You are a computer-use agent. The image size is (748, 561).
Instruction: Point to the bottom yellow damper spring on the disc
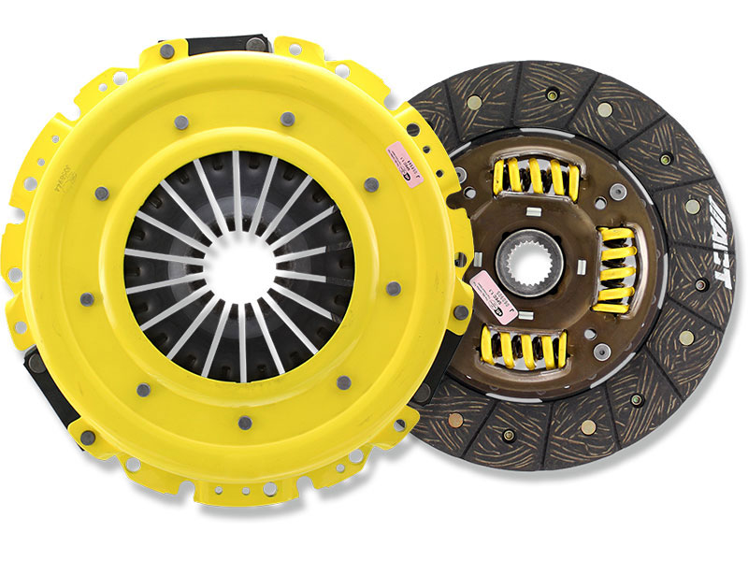click(x=523, y=349)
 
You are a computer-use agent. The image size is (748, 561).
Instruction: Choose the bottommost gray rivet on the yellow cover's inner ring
click(x=243, y=423)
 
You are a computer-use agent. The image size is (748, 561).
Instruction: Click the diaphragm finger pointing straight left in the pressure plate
click(x=154, y=263)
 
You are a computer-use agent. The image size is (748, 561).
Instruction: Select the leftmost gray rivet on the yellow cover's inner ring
click(x=86, y=299)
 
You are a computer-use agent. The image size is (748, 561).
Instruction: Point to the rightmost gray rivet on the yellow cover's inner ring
click(x=394, y=288)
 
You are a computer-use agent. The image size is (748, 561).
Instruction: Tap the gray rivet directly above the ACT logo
click(x=692, y=206)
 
